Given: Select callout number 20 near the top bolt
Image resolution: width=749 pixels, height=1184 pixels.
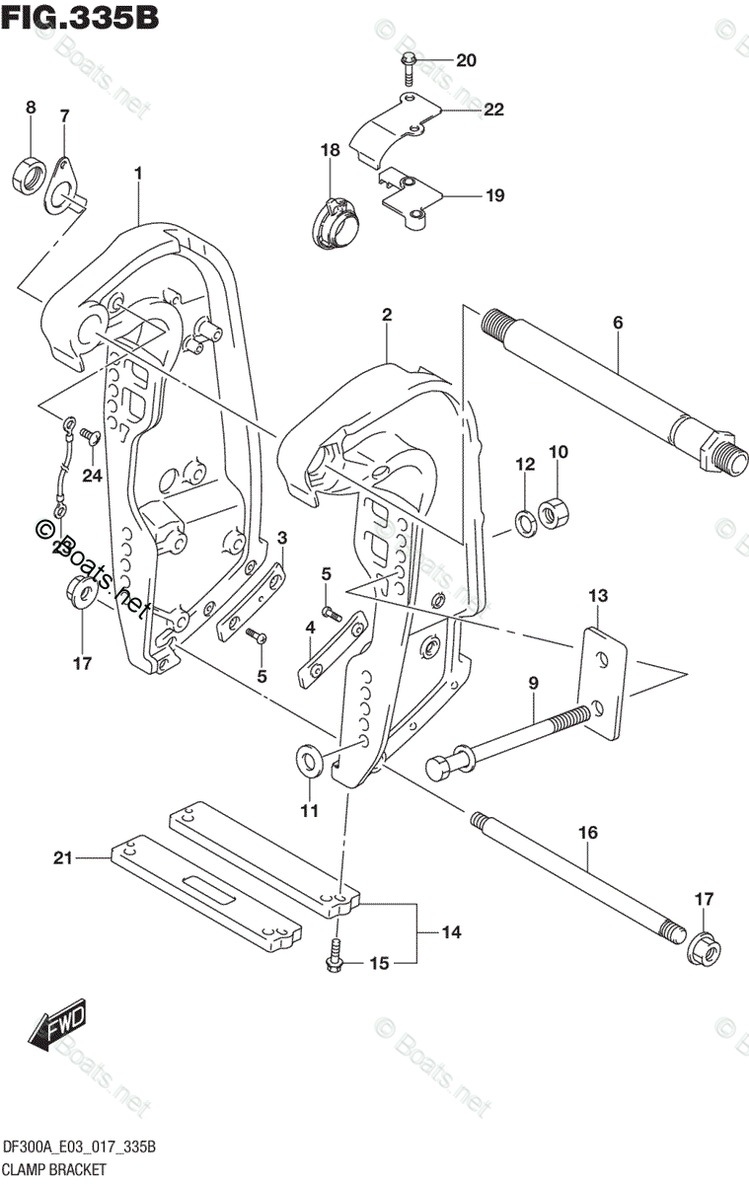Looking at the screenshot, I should tap(466, 61).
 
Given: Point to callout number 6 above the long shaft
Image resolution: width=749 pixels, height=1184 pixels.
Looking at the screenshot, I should tap(618, 322).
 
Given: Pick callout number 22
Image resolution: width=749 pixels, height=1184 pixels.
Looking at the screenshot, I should tap(493, 111).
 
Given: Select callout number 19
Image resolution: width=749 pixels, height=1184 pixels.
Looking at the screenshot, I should tap(493, 195).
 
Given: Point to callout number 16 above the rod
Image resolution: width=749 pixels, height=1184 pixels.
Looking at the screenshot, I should tap(587, 835).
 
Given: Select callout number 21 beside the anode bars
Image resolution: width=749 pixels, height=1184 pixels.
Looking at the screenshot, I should tap(64, 859).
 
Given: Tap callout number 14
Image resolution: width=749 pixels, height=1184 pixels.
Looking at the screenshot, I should tap(452, 931).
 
